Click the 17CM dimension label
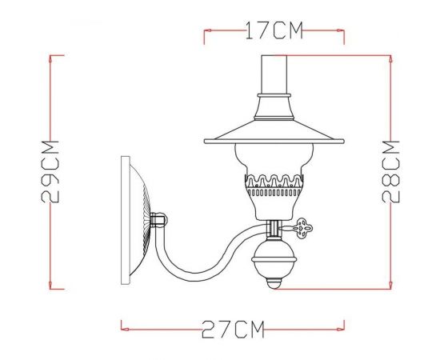coord(274,32)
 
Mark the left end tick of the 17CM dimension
coord(206,35)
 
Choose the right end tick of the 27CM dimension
coord(345,325)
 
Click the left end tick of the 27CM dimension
coord(122,325)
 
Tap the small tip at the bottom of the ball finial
coord(274,283)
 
